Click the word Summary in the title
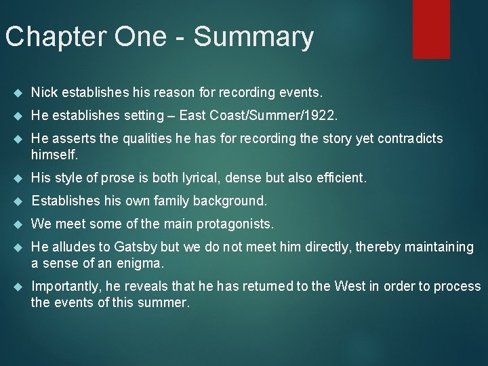[x=253, y=37]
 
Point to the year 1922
[x=320, y=115]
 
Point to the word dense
[x=249, y=178]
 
